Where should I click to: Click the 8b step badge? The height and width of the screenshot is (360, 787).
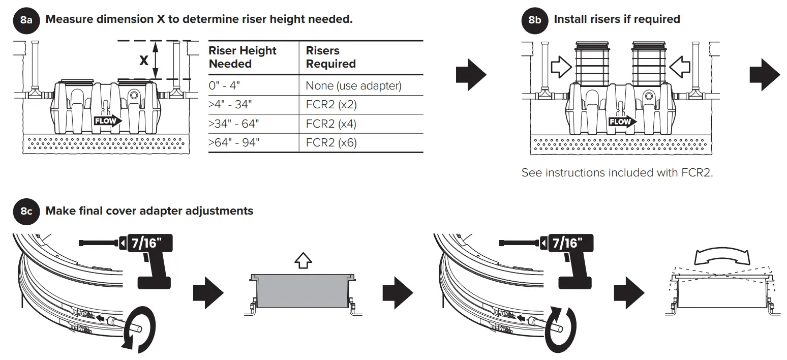[x=535, y=21]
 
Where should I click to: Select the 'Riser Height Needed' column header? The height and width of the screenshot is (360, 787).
[x=243, y=57]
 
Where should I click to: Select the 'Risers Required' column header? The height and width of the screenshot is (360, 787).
[x=330, y=57]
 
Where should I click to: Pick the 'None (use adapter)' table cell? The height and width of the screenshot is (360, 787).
[x=353, y=86]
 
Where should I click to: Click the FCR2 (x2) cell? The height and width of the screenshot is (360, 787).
[x=331, y=105]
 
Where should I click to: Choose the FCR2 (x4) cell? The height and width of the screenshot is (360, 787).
[x=331, y=124]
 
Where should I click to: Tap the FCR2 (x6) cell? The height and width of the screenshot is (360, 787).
[x=331, y=143]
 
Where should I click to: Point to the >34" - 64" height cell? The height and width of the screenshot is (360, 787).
[x=233, y=124]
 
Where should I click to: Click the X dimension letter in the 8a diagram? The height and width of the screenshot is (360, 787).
[x=144, y=61]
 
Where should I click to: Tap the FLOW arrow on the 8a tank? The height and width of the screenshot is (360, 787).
[x=108, y=121]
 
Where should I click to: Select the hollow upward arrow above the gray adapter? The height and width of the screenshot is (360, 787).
[x=303, y=261]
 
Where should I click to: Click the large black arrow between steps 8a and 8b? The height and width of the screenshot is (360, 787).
[x=471, y=74]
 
